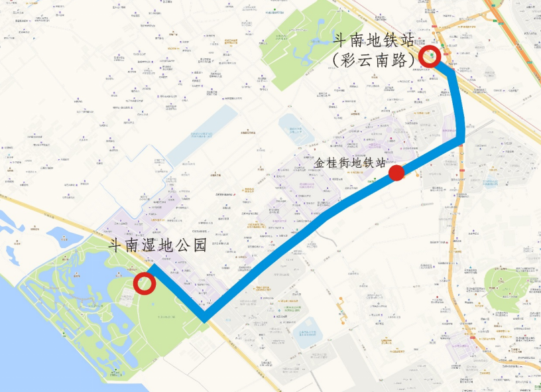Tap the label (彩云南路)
point(375,59)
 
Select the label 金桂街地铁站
point(349,161)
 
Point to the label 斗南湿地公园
point(158,244)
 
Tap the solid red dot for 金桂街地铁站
point(396,173)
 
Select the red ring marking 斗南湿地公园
point(145,284)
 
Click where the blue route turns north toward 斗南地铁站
point(460,138)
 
